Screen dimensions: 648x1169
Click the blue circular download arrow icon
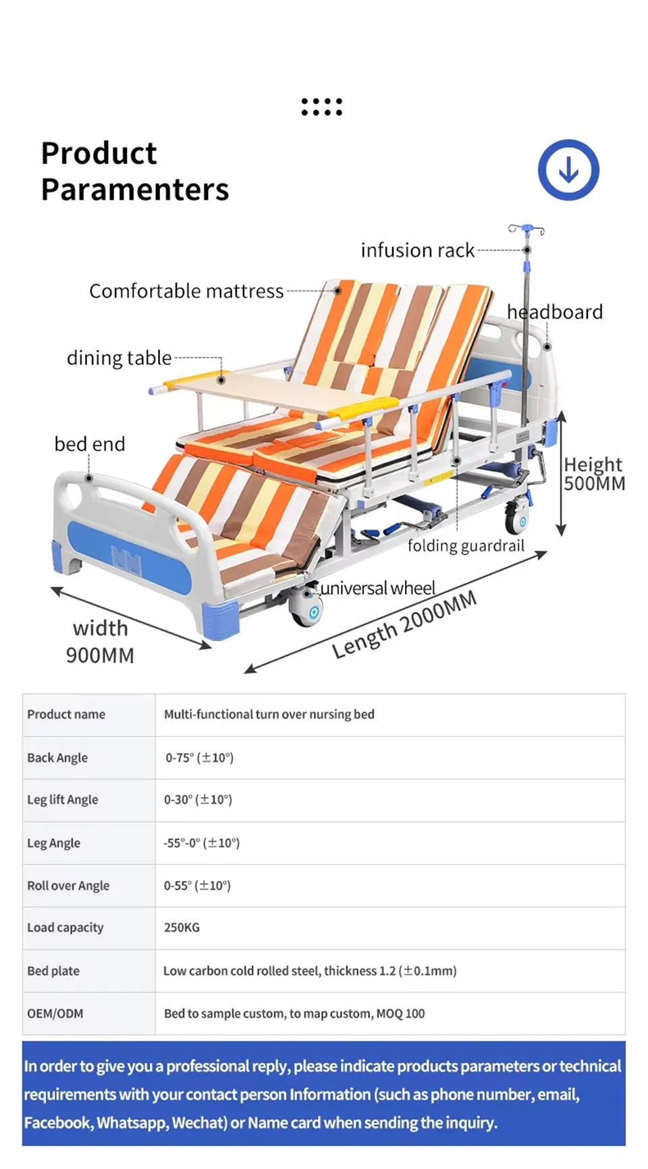pyautogui.click(x=568, y=170)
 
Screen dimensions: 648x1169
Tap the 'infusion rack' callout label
pyautogui.click(x=417, y=250)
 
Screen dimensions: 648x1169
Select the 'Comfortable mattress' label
pyautogui.click(x=186, y=291)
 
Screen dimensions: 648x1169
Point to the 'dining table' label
pyautogui.click(x=119, y=358)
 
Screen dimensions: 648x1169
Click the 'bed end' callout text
pyautogui.click(x=90, y=444)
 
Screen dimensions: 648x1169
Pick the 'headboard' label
pyautogui.click(x=555, y=312)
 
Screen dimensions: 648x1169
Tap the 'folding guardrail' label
pyautogui.click(x=466, y=545)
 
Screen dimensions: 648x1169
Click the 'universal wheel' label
pyautogui.click(x=378, y=588)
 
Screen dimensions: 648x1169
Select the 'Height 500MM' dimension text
pyautogui.click(x=594, y=474)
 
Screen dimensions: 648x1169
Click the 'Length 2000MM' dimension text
pyautogui.click(x=404, y=624)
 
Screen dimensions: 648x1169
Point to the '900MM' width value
pyautogui.click(x=100, y=655)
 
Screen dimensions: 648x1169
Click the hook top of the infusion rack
pyautogui.click(x=526, y=229)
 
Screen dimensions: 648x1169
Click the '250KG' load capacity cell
pyautogui.click(x=182, y=927)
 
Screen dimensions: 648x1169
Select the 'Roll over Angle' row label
pyautogui.click(x=68, y=886)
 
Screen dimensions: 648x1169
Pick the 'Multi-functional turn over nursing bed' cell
pyautogui.click(x=269, y=714)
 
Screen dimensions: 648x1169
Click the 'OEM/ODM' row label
pyautogui.click(x=55, y=1013)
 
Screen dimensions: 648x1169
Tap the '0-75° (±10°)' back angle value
pyautogui.click(x=199, y=757)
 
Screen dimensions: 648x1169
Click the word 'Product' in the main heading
pyautogui.click(x=99, y=153)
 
